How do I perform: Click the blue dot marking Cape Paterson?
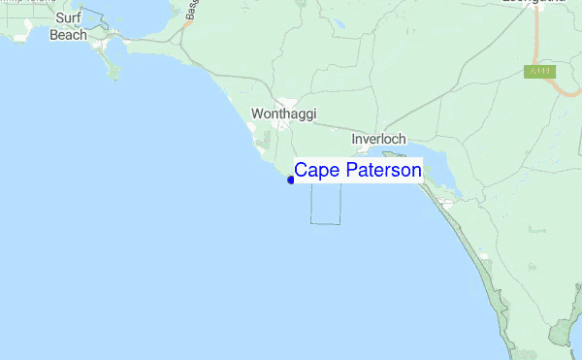click(291, 180)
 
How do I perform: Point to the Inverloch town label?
click(378, 139)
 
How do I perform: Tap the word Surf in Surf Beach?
click(68, 17)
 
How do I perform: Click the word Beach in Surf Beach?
click(68, 35)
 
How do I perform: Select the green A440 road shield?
click(538, 71)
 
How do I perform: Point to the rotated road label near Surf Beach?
click(188, 12)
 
